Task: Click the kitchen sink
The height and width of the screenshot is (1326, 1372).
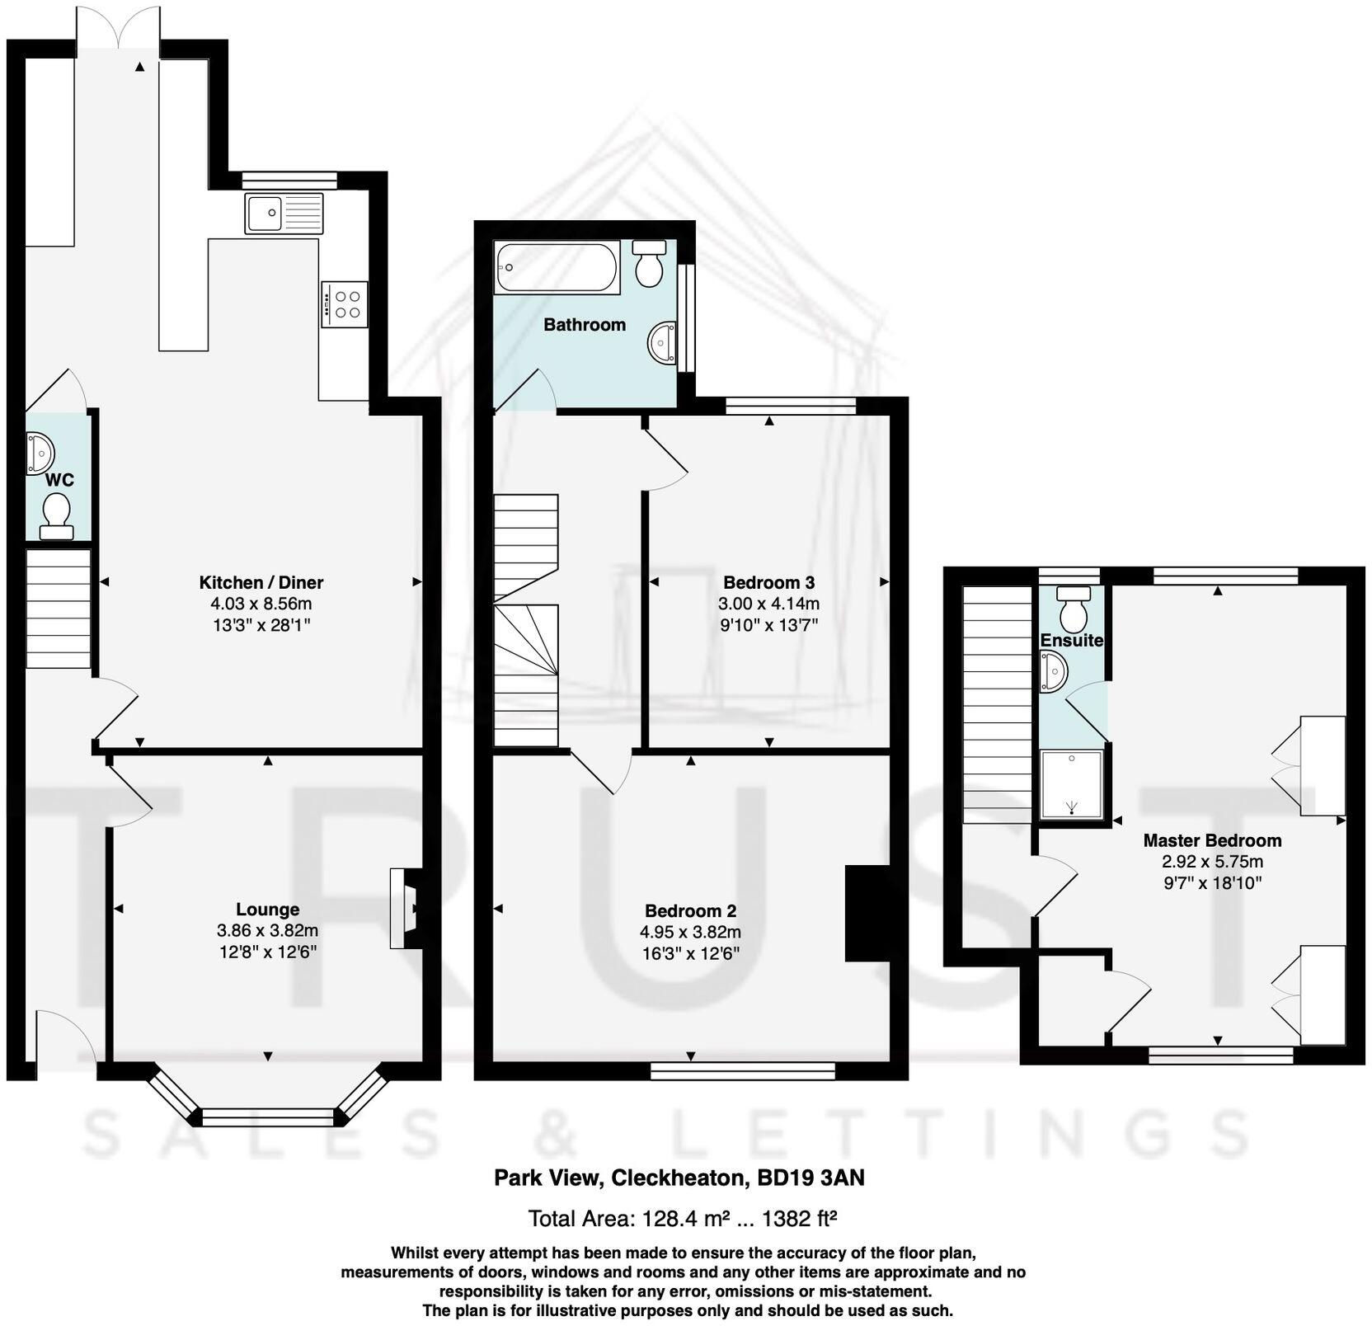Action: (x=284, y=214)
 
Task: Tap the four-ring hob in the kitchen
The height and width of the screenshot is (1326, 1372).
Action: (x=345, y=304)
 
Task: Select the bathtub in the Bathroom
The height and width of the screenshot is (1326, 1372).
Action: (x=557, y=267)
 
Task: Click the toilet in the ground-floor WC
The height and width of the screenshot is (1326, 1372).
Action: (x=57, y=516)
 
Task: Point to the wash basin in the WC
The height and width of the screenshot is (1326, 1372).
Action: (x=40, y=453)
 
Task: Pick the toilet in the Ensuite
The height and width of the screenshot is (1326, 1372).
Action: (x=1073, y=609)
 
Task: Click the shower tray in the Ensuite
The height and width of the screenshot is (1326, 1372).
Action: (x=1071, y=783)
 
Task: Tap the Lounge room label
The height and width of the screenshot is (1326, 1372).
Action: (x=267, y=910)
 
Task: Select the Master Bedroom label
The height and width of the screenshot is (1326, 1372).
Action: (x=1212, y=841)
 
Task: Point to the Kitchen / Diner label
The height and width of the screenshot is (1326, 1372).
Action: (x=261, y=582)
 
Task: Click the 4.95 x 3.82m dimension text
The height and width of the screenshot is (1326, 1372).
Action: (x=690, y=933)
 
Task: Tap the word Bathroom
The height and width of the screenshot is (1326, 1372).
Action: (x=585, y=325)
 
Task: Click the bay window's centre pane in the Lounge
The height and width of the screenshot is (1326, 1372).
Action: (x=268, y=1117)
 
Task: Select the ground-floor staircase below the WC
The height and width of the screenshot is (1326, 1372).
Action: (x=58, y=609)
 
